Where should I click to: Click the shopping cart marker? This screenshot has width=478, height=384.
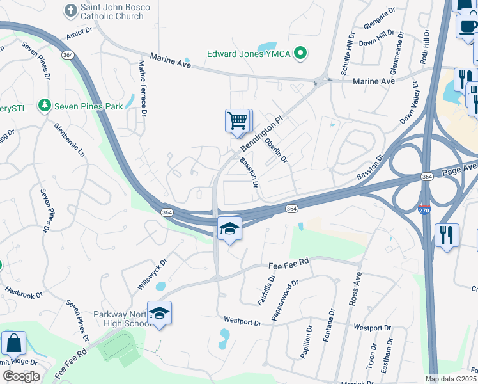pyautogui.click(x=238, y=121)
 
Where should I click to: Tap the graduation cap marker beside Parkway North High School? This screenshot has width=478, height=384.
pyautogui.click(x=159, y=313)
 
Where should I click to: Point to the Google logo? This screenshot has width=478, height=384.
pyautogui.click(x=21, y=376)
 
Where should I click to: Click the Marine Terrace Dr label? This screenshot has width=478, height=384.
pyautogui.click(x=143, y=89)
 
